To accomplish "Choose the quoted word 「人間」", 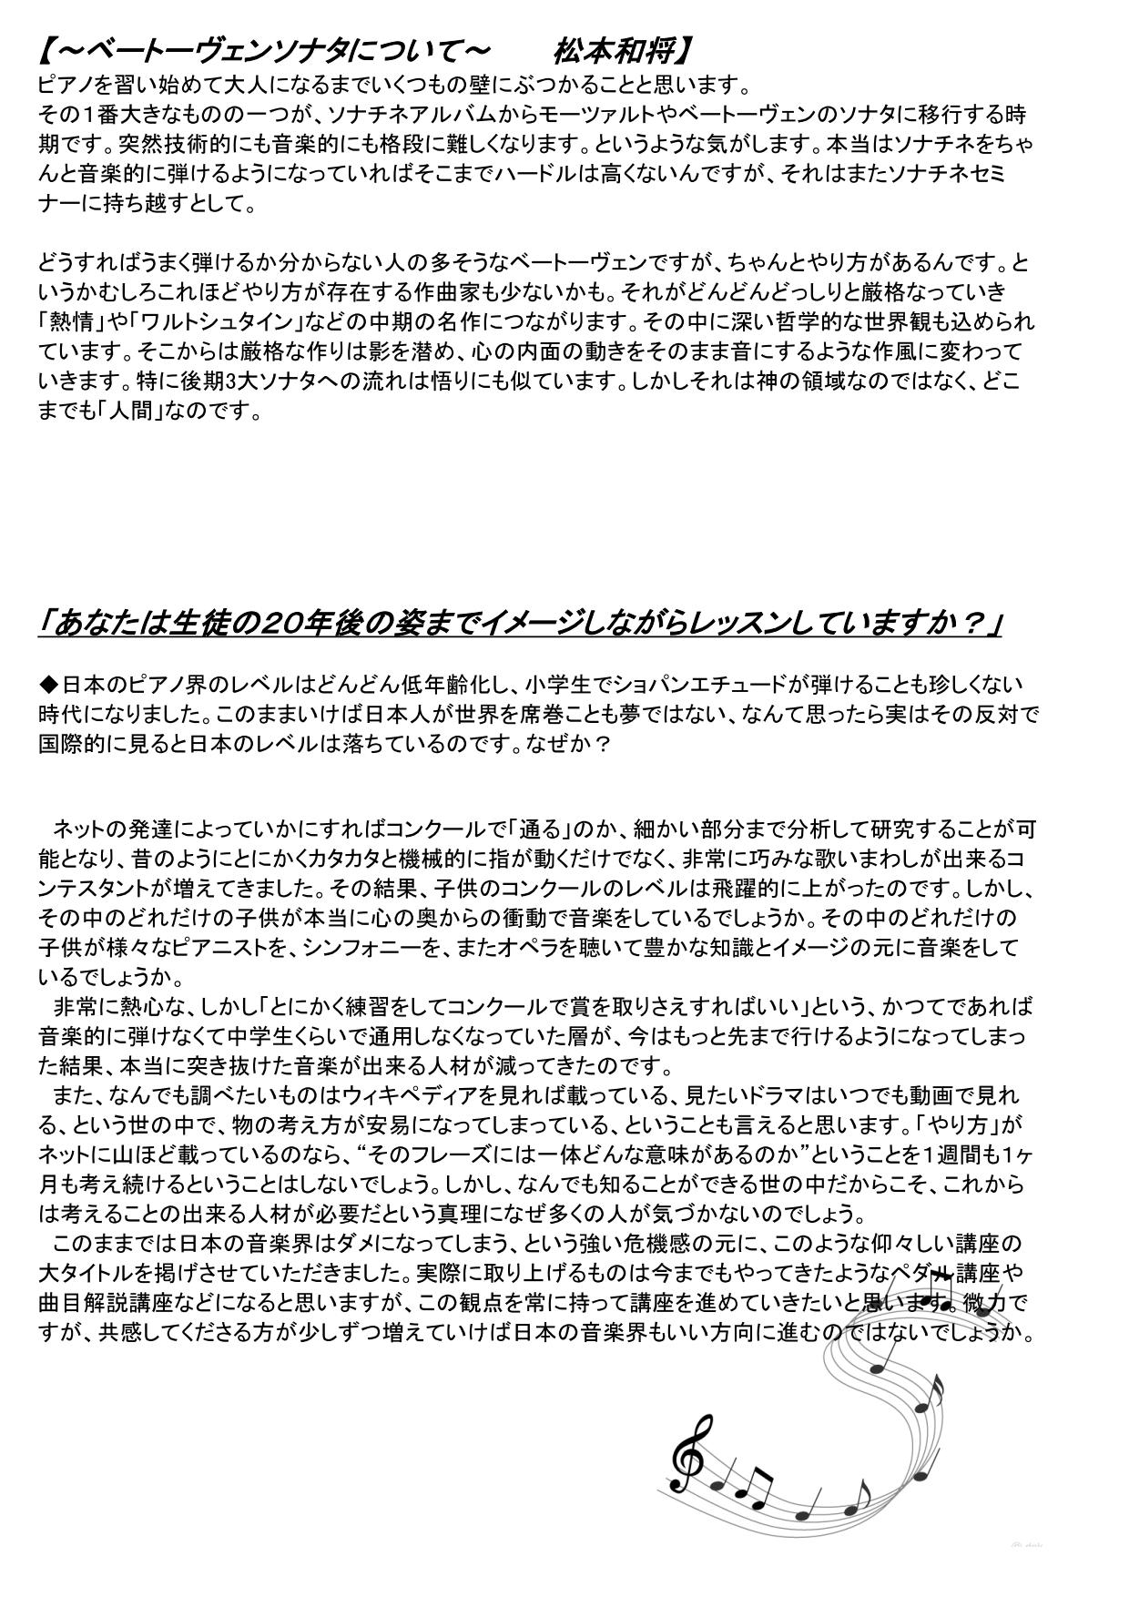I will (x=141, y=411).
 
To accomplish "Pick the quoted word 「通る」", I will (x=544, y=829).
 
